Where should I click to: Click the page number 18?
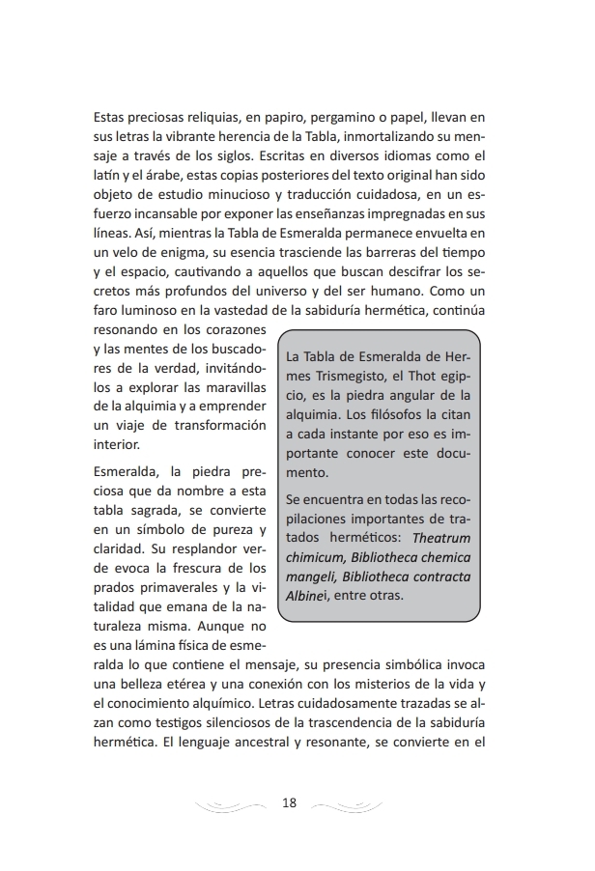click(x=291, y=802)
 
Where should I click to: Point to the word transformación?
click(x=211, y=425)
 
